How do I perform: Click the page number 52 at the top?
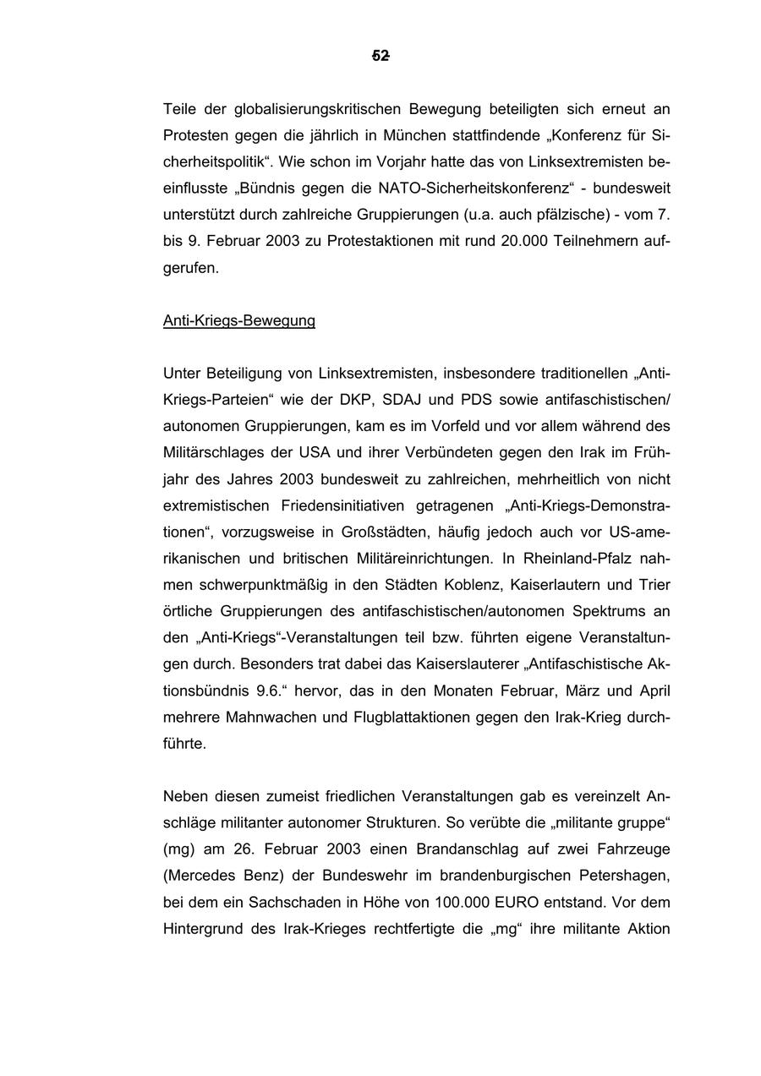tap(380, 56)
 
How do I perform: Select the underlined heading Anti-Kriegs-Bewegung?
tap(238, 320)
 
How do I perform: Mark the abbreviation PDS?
tap(476, 400)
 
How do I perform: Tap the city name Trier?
tap(653, 585)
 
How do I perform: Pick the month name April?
tap(654, 691)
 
